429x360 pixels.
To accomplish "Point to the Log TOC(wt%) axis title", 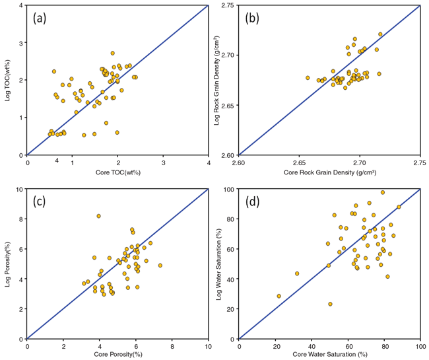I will [7, 80].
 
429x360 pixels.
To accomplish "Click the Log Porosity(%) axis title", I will [7, 264].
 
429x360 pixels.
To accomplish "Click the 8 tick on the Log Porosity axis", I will [20, 219].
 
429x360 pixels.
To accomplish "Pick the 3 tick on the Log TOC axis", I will [20, 43].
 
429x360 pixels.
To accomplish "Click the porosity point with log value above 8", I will [99, 216].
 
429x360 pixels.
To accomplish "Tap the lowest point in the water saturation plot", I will [330, 304].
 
